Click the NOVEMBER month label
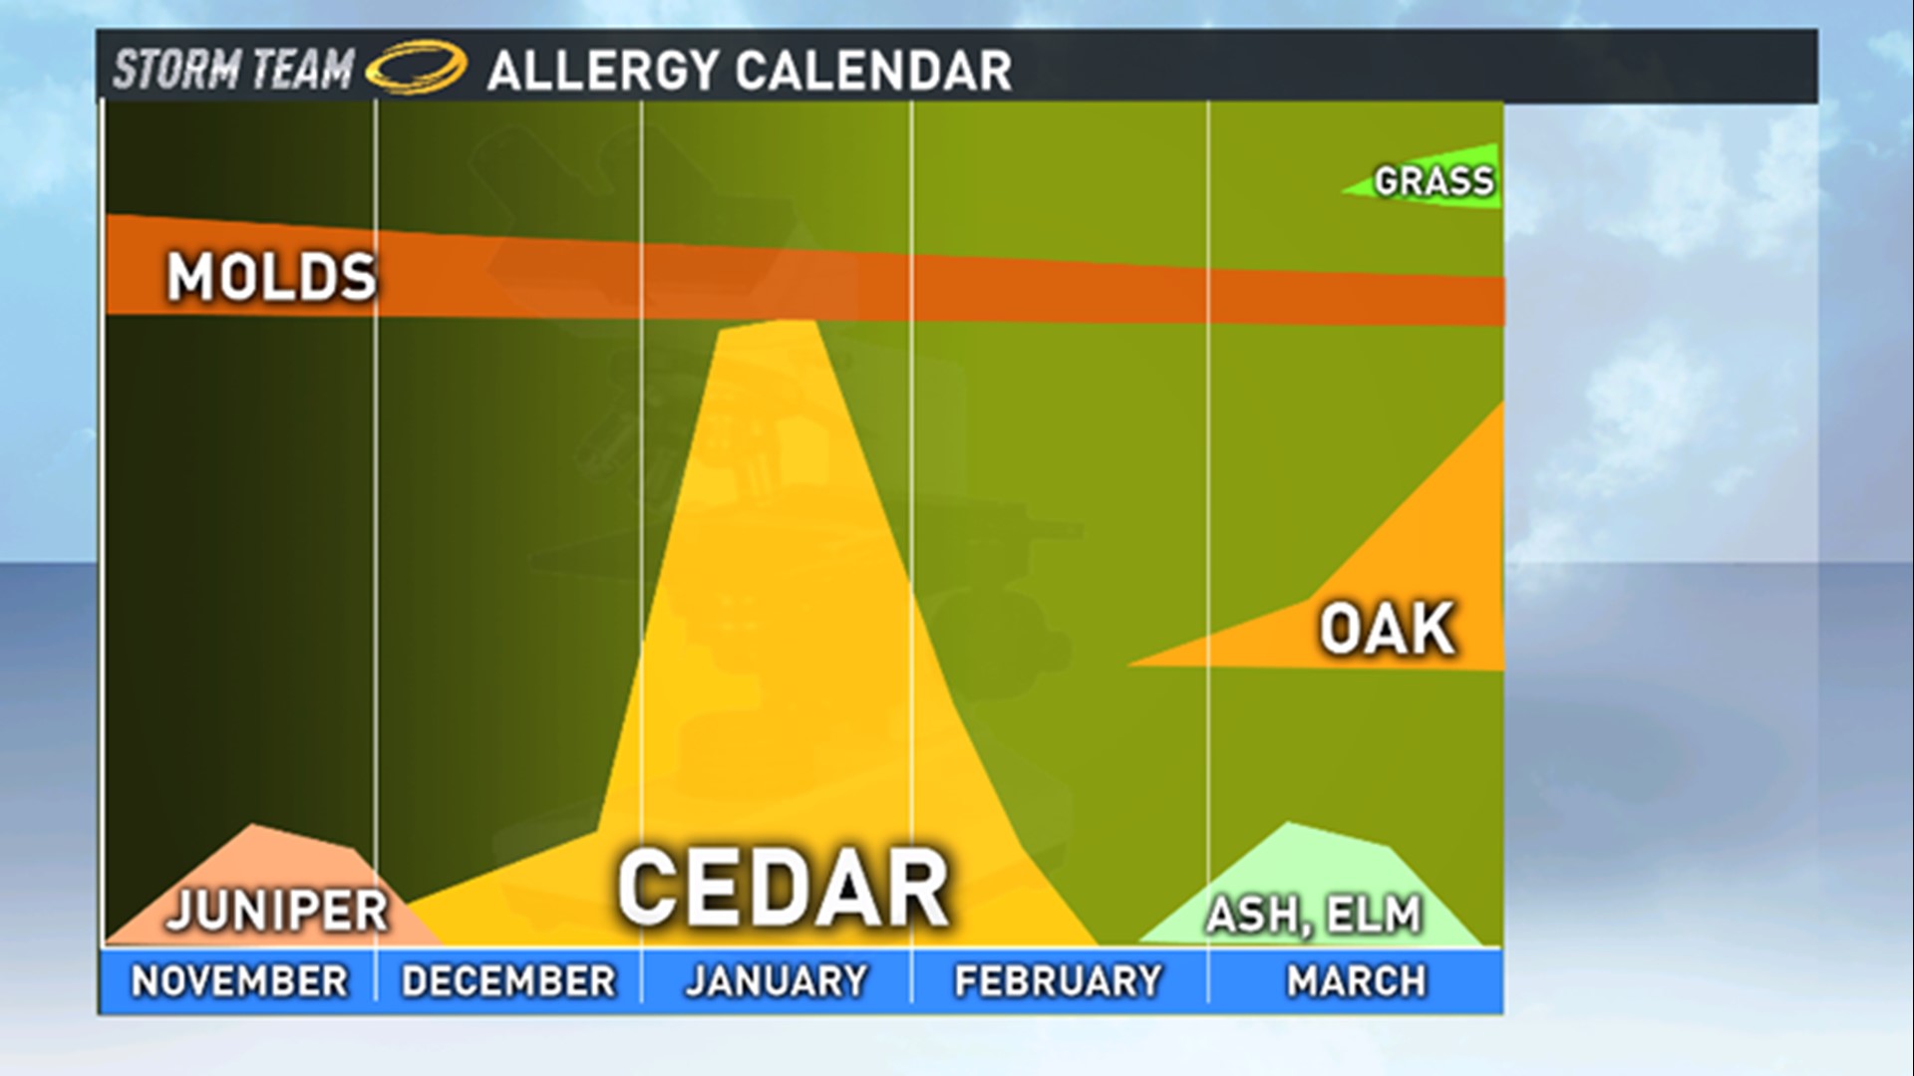[x=239, y=981]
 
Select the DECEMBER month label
[x=508, y=981]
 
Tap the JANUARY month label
[x=777, y=981]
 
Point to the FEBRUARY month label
[x=1059, y=981]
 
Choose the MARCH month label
[x=1356, y=981]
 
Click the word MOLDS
[x=271, y=277]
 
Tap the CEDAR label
[x=783, y=889]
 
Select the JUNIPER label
[x=277, y=911]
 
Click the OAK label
[x=1387, y=630]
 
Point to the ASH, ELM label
[x=1314, y=915]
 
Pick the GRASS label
[x=1434, y=181]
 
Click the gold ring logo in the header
[x=416, y=68]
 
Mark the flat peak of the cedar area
[x=768, y=325]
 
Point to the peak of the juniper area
[x=256, y=826]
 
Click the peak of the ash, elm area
[x=1291, y=824]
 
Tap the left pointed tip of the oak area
[x=1130, y=664]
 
